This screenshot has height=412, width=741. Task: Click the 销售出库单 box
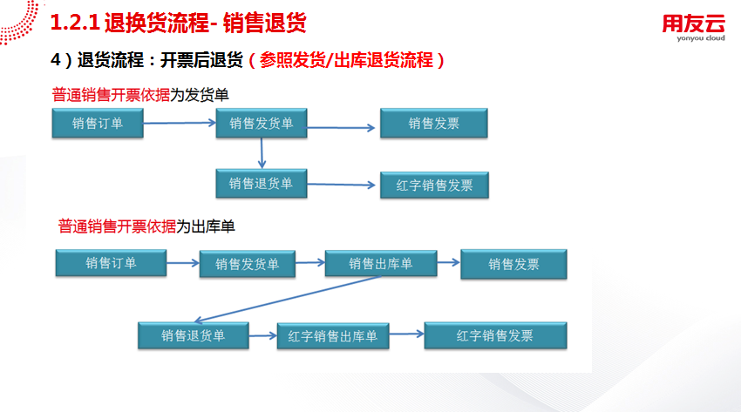(381, 263)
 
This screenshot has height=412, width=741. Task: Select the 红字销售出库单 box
(333, 336)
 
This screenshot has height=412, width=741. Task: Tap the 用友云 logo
(693, 28)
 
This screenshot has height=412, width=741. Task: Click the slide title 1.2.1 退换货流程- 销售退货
(178, 23)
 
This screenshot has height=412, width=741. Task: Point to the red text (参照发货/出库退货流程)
(346, 60)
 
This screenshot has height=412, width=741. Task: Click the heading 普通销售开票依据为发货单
(140, 95)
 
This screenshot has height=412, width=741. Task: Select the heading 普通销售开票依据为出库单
(146, 226)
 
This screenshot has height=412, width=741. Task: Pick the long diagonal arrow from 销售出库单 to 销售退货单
(288, 299)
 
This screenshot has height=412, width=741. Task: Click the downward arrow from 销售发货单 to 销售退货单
(262, 153)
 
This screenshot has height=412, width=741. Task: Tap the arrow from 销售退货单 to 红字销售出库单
(262, 335)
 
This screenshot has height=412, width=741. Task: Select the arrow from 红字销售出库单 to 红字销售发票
(406, 334)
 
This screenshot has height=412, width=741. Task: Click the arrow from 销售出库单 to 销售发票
(448, 262)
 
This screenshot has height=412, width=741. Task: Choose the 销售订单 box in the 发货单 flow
(98, 123)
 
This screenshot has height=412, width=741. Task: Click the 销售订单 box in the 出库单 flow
(111, 263)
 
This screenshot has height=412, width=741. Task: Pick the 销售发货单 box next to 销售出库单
(248, 264)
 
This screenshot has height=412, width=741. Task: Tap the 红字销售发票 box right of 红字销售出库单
(495, 335)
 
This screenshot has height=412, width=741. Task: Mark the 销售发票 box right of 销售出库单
(513, 264)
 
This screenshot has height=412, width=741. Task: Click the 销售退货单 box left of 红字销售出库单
(194, 335)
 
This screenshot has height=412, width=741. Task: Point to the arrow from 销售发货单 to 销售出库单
(310, 262)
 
